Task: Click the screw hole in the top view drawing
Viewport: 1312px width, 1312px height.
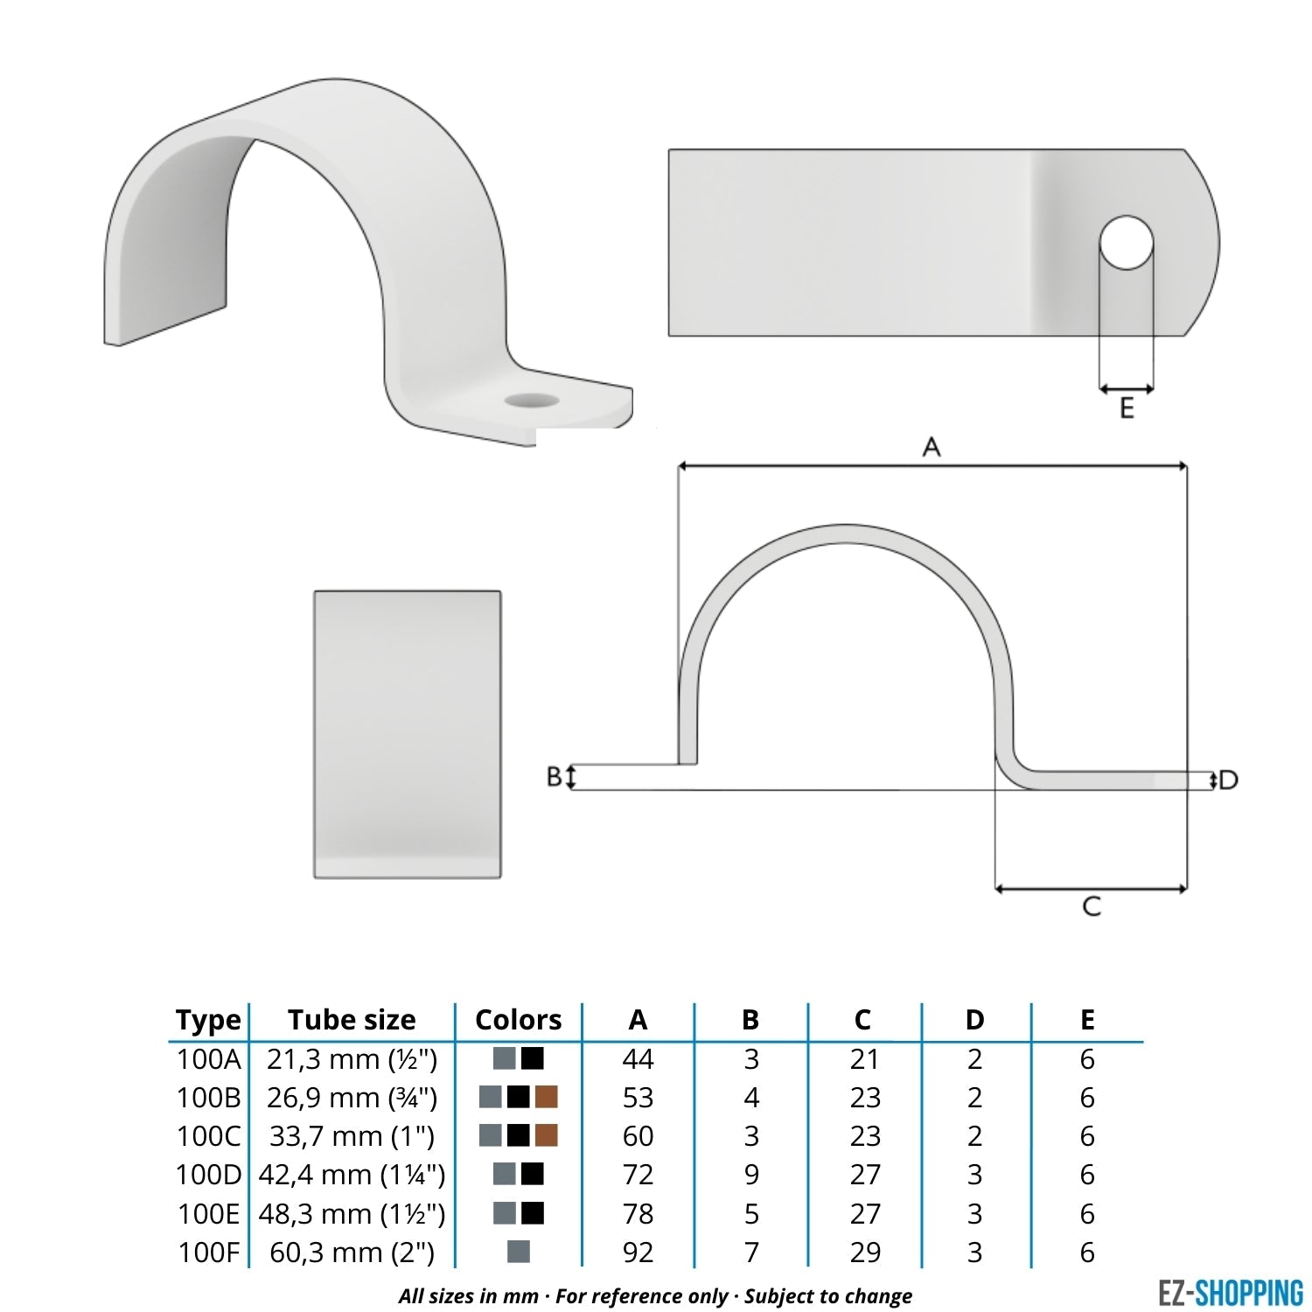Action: click(x=1127, y=242)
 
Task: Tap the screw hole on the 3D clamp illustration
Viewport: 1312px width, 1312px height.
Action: click(x=531, y=401)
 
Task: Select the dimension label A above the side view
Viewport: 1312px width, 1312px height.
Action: click(x=932, y=447)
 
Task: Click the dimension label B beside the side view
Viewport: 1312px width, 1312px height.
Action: click(x=554, y=776)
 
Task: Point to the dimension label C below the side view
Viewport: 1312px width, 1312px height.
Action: click(x=1091, y=906)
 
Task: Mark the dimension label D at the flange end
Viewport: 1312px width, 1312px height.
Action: click(x=1229, y=779)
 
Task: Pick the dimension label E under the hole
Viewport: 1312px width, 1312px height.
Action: click(x=1127, y=408)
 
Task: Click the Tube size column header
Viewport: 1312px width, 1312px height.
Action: click(x=352, y=1020)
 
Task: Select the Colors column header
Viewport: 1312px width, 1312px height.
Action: click(x=518, y=1020)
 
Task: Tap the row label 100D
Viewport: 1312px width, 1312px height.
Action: click(x=207, y=1175)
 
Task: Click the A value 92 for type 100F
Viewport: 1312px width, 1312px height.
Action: click(x=638, y=1253)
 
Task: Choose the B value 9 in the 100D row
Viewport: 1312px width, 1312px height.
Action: click(x=750, y=1175)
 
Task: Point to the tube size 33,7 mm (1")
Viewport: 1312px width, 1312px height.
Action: click(x=352, y=1136)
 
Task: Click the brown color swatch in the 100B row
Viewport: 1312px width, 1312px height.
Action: click(x=546, y=1097)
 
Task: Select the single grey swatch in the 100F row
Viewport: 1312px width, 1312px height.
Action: click(x=519, y=1252)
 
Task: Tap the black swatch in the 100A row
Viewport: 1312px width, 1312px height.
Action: click(x=532, y=1058)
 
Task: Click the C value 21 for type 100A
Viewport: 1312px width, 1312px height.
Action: click(x=864, y=1059)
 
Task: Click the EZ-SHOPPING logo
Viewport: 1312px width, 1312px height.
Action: click(x=1230, y=1292)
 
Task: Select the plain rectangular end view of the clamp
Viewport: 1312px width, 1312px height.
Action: click(x=408, y=734)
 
